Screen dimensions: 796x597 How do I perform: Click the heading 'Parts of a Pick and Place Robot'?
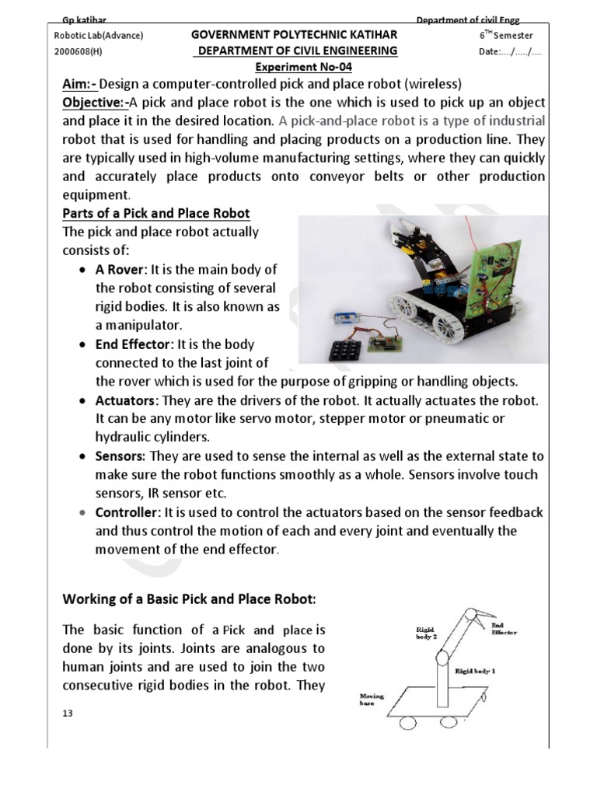(x=155, y=214)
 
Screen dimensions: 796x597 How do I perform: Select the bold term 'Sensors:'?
(x=120, y=456)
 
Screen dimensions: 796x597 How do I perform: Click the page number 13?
(x=68, y=713)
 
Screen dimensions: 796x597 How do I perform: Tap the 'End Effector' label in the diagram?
(x=502, y=627)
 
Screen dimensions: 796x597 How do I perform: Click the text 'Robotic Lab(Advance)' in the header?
(x=99, y=36)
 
